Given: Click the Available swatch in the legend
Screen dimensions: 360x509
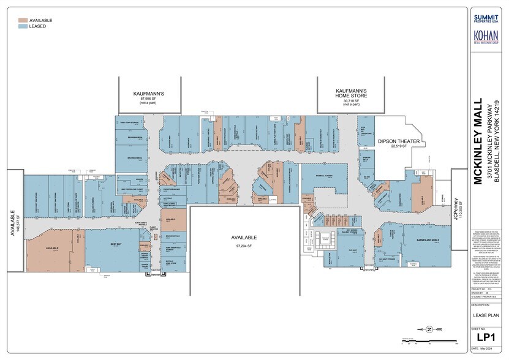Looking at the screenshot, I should pyautogui.click(x=23, y=20).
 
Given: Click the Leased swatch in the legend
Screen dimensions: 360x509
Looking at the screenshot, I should pyautogui.click(x=23, y=26).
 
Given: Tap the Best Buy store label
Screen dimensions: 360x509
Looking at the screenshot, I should pyautogui.click(x=114, y=243).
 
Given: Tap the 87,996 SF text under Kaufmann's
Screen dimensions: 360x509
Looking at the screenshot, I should pyautogui.click(x=150, y=99).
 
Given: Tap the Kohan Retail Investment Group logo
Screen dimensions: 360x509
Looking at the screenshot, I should pyautogui.click(x=486, y=38).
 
